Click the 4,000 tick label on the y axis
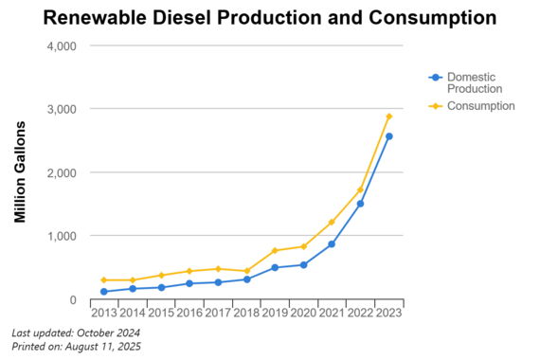[62, 45]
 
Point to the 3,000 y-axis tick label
[62, 109]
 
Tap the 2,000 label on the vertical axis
[62, 172]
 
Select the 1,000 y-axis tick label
[62, 236]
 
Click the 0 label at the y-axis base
[72, 299]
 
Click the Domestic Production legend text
[471, 82]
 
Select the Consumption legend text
[480, 106]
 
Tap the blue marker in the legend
[435, 77]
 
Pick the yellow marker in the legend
[435, 106]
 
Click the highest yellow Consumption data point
[388, 117]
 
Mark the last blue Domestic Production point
[388, 136]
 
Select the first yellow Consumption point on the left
[103, 279]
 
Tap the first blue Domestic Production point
[103, 291]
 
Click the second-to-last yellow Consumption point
[360, 189]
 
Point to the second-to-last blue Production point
[360, 204]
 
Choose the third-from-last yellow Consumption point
[332, 222]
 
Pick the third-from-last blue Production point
[332, 243]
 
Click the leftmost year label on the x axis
[103, 311]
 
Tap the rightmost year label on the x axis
[388, 311]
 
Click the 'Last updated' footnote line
[76, 333]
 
